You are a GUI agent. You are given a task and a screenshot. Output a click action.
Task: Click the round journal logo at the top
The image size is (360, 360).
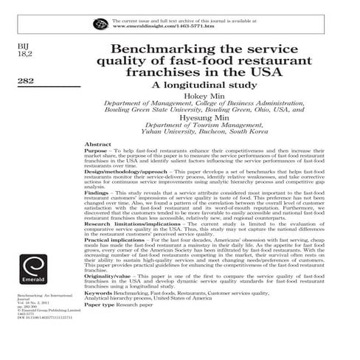coord(100,24)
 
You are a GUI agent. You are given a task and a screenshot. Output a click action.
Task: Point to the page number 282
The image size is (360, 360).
coord(21,83)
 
